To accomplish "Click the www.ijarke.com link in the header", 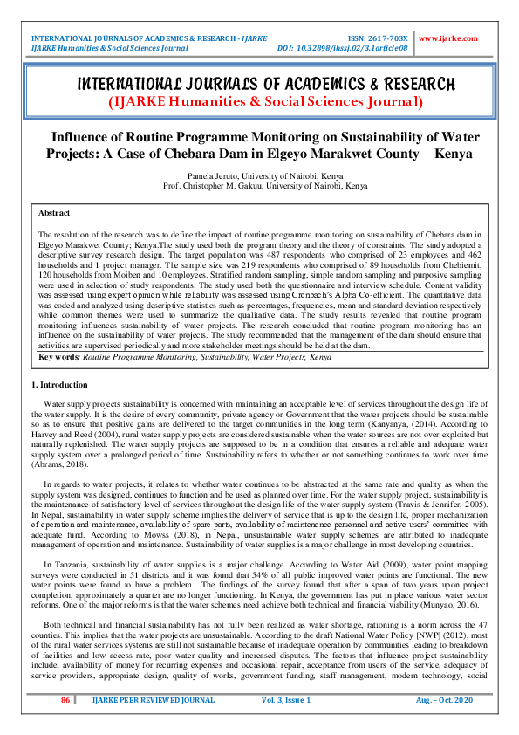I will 447,38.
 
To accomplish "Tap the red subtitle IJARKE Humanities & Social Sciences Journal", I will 265,102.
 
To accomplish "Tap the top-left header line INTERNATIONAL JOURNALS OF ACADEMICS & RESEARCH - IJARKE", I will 148,38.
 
